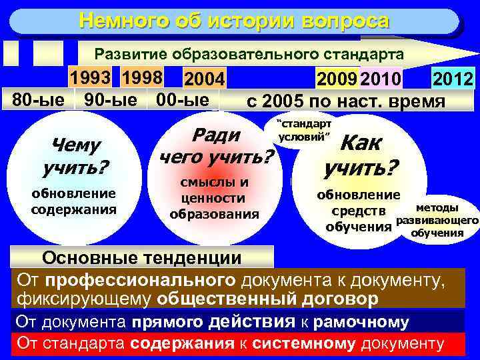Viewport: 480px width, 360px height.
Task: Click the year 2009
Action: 337,81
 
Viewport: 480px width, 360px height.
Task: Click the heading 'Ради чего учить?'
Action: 217,146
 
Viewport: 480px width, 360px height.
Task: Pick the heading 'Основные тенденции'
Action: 141,259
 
